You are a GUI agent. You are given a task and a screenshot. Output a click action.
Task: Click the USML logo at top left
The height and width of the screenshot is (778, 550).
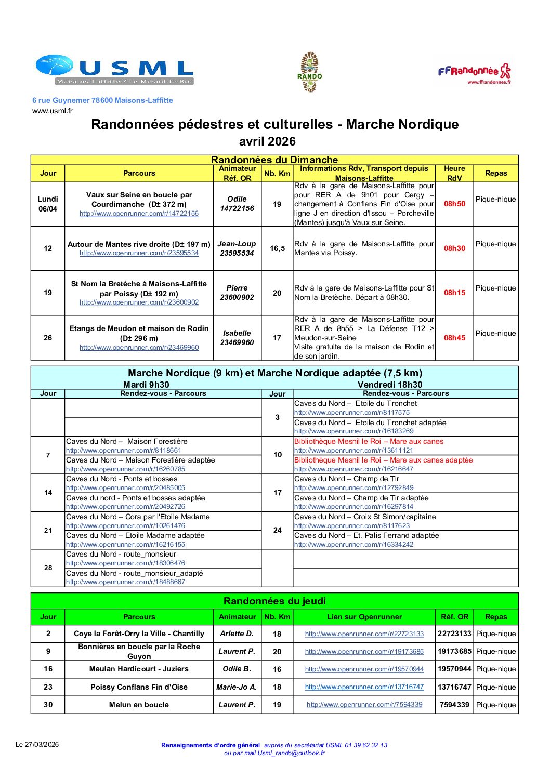tap(114, 70)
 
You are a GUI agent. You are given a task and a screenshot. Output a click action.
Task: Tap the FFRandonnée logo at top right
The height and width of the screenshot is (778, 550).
tap(474, 73)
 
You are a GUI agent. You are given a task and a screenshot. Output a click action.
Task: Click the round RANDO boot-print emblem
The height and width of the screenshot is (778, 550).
tap(310, 72)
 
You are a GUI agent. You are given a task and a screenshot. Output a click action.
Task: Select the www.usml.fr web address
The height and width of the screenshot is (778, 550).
tap(53, 111)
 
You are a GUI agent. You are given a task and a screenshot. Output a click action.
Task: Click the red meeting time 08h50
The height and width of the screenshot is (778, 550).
tap(454, 204)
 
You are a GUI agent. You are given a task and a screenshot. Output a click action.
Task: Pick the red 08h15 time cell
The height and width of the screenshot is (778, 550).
tap(454, 293)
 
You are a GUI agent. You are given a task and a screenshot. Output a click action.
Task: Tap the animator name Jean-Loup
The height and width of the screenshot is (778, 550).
tap(237, 244)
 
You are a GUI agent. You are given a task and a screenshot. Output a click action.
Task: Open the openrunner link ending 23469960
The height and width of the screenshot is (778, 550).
tap(139, 348)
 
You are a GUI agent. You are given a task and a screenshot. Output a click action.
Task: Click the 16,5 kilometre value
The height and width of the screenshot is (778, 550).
tap(277, 248)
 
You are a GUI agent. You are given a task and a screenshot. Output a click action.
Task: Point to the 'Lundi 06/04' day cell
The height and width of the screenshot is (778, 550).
tap(48, 204)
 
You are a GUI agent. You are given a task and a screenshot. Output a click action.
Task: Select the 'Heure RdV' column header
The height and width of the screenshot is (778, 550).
tap(454, 173)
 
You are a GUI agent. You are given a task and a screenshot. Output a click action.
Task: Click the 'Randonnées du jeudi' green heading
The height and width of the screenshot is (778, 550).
tap(274, 601)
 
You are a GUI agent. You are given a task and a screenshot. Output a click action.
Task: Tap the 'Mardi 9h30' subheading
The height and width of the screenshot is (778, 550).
tap(146, 385)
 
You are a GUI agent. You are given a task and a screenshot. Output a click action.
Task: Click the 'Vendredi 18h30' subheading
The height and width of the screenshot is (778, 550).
tap(390, 385)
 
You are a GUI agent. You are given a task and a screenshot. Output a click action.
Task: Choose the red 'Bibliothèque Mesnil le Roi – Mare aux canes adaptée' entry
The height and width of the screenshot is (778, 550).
tap(384, 460)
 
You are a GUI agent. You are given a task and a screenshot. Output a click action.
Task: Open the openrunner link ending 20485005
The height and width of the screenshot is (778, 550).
tap(125, 488)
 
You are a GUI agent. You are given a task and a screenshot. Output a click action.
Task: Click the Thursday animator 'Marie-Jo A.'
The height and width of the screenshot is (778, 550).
tap(237, 687)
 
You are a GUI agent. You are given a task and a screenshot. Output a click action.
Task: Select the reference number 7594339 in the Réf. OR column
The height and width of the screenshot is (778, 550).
tap(454, 705)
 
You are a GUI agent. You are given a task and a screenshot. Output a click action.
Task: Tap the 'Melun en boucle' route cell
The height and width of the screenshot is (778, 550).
tap(139, 705)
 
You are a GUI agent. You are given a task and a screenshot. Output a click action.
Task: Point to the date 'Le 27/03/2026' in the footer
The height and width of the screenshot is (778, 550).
tap(37, 744)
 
